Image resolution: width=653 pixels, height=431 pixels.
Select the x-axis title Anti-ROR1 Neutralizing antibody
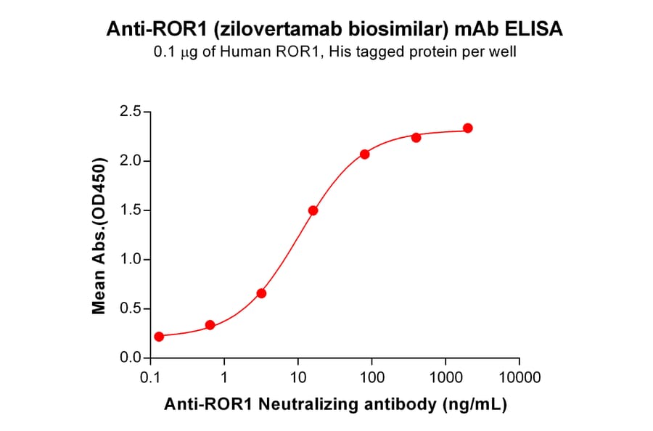(334, 404)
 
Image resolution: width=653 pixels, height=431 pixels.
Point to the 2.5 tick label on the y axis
(131, 112)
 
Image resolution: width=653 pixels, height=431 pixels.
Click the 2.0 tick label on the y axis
(131, 161)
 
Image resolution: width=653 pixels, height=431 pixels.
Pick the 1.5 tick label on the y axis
(131, 210)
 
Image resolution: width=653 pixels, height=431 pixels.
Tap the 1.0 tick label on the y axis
(131, 260)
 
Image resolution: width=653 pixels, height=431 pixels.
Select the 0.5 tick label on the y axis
(131, 309)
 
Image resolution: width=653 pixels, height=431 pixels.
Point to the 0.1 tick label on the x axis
(150, 377)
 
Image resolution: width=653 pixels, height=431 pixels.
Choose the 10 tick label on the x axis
(297, 377)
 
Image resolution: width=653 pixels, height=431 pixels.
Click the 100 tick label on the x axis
(371, 377)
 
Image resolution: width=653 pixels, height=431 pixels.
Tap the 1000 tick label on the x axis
(445, 377)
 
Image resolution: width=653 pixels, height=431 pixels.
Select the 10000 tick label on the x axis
(519, 377)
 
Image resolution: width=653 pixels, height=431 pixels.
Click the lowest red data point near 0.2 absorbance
(159, 337)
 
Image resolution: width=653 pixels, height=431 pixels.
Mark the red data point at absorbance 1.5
(313, 210)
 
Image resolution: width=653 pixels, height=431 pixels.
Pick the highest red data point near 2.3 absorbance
(468, 128)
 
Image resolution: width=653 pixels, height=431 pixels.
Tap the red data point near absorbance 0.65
(262, 293)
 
